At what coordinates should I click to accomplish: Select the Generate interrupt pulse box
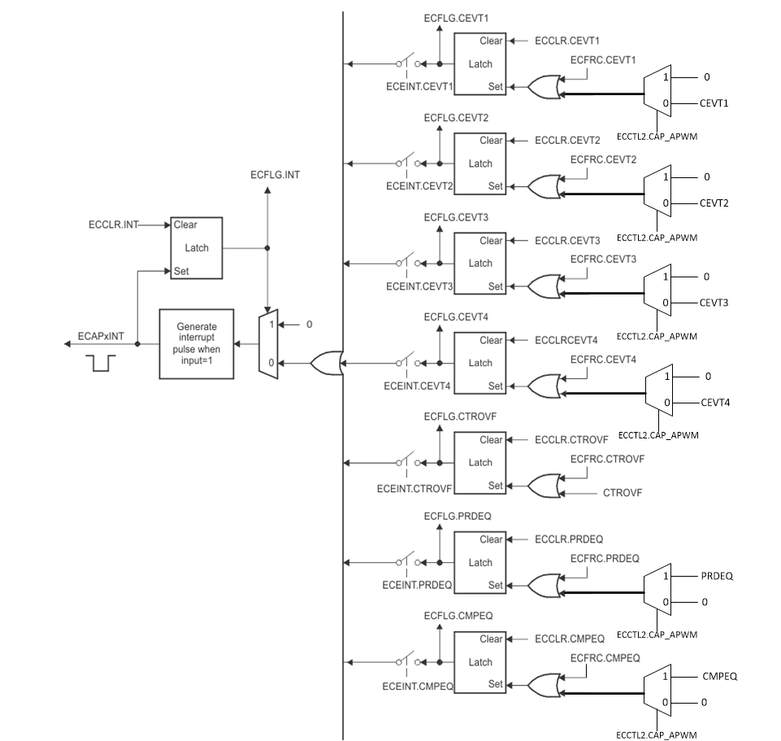(x=196, y=343)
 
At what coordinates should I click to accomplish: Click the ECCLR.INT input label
(x=113, y=224)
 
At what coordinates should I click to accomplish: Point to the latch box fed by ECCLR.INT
(x=196, y=248)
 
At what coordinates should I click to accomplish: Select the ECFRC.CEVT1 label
(x=603, y=59)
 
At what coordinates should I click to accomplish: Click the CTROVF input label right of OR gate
(x=623, y=493)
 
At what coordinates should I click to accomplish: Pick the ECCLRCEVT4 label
(x=566, y=340)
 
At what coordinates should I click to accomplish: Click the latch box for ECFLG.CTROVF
(x=480, y=463)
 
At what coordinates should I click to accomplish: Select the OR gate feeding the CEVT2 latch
(x=543, y=188)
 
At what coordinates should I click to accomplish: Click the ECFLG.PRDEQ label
(x=456, y=517)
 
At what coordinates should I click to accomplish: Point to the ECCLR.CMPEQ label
(x=570, y=639)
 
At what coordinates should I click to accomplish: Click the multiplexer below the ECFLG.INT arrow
(x=267, y=342)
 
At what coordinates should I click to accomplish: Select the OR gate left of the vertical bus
(x=326, y=363)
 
